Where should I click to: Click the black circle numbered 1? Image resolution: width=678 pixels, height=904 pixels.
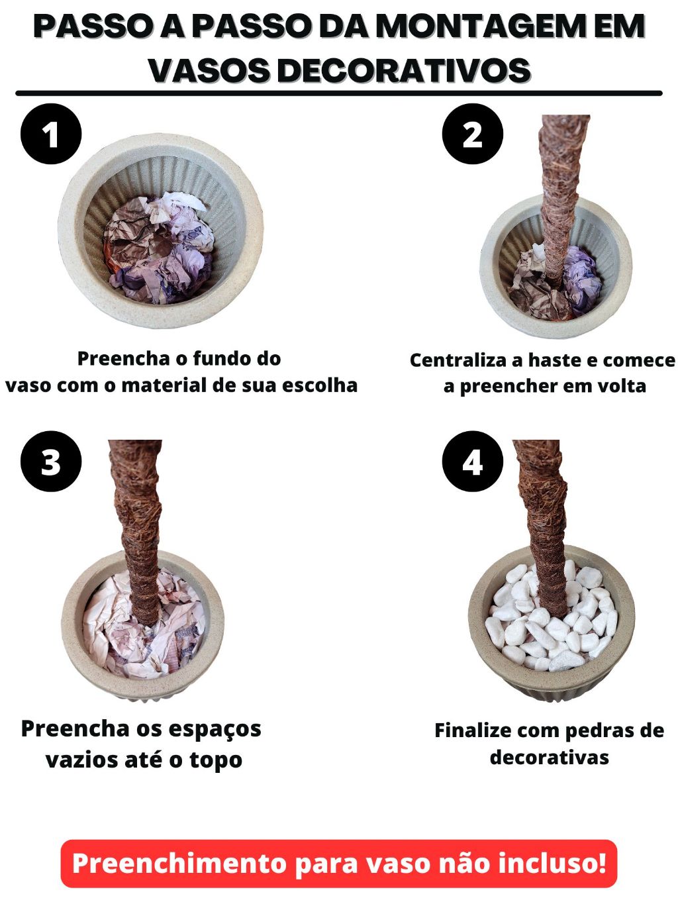(51, 134)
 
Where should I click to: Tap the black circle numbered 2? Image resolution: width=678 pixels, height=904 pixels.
(473, 134)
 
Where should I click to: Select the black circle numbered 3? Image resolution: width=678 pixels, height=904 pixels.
(51, 461)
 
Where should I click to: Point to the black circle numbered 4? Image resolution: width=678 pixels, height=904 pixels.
(473, 461)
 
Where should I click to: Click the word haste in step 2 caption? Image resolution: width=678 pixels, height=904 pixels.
(554, 360)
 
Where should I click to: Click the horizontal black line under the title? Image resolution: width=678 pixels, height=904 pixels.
(339, 93)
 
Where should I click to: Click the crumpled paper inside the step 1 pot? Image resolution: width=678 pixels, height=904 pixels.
(158, 249)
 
